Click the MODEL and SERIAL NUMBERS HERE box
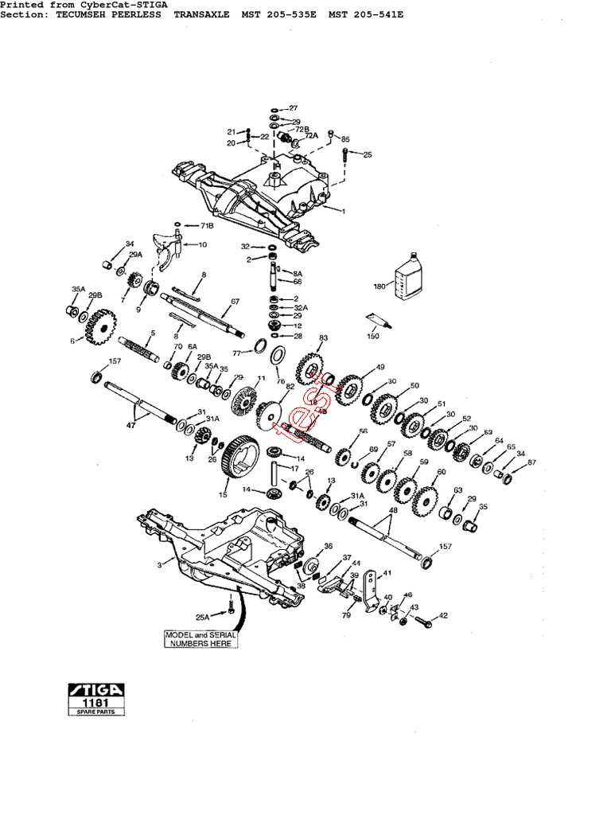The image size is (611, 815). [199, 638]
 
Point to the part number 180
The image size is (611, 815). [379, 286]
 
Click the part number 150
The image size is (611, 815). [373, 337]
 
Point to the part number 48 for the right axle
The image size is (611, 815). [393, 509]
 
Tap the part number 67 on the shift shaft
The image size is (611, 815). [235, 302]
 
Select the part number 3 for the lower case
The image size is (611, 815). [160, 565]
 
